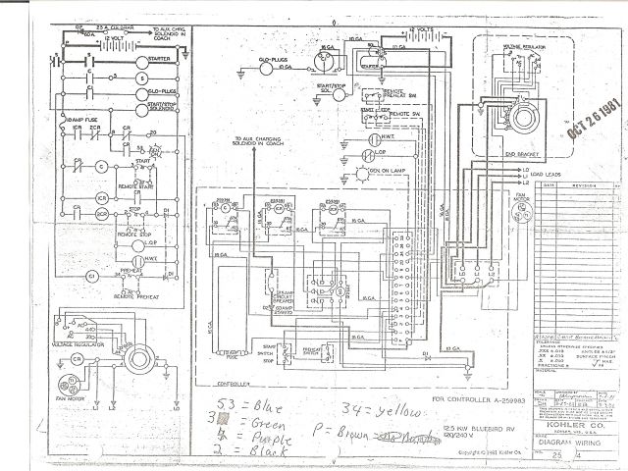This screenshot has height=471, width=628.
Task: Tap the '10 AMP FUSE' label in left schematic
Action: tap(72, 119)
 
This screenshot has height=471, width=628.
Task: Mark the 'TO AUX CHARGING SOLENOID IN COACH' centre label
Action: tap(261, 144)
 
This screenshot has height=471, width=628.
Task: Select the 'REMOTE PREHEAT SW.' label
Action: tap(396, 100)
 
